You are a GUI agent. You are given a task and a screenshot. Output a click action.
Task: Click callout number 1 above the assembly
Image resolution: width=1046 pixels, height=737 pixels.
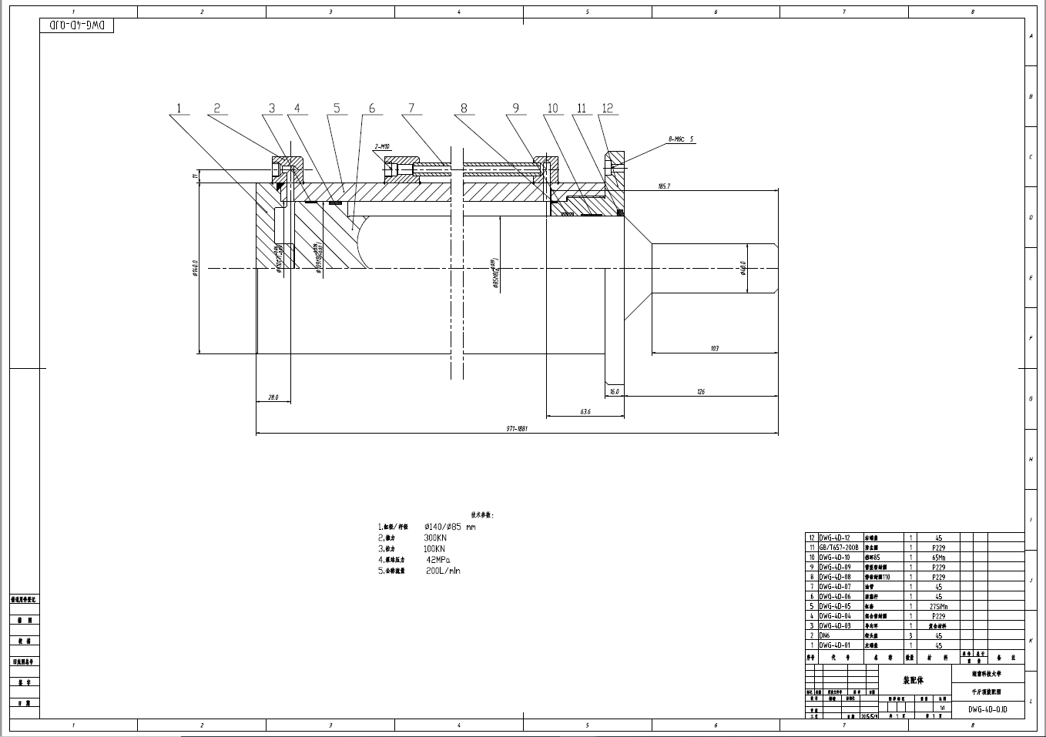tap(179, 109)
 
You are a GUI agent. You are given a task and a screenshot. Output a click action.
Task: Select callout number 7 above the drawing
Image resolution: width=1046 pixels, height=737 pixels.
tap(411, 109)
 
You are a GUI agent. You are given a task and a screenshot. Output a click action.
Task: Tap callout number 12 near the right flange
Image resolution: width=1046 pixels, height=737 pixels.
tap(608, 109)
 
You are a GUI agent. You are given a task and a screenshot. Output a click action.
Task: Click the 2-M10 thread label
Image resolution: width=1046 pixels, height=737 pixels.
tap(382, 146)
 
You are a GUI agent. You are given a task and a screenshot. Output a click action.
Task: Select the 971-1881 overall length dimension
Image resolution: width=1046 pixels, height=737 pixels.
tap(516, 429)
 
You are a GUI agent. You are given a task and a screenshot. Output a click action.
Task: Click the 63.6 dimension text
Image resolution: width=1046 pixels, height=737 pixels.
tap(585, 412)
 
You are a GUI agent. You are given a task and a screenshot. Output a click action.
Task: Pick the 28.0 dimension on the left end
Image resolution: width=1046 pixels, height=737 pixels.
tap(273, 397)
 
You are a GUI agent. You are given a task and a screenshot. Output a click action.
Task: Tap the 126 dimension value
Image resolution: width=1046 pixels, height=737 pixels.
tap(700, 392)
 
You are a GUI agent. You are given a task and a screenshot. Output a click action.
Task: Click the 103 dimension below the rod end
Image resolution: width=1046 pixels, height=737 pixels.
tap(714, 349)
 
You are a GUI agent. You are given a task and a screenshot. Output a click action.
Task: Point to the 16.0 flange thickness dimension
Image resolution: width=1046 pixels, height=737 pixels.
tap(614, 392)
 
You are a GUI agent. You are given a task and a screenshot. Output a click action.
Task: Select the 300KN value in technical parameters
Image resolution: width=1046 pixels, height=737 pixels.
tap(435, 538)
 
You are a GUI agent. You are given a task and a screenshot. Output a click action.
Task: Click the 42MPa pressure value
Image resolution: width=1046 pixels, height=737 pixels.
tap(438, 560)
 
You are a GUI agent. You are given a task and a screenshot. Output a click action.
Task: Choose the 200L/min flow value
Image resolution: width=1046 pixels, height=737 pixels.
tap(443, 571)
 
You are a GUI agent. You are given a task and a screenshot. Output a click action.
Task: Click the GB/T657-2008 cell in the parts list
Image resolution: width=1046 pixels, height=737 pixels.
tap(838, 547)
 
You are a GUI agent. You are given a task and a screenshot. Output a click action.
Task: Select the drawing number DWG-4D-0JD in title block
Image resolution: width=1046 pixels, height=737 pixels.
tap(987, 710)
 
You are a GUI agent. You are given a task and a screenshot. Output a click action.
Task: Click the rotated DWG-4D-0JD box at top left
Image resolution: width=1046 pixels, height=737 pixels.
tap(76, 25)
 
